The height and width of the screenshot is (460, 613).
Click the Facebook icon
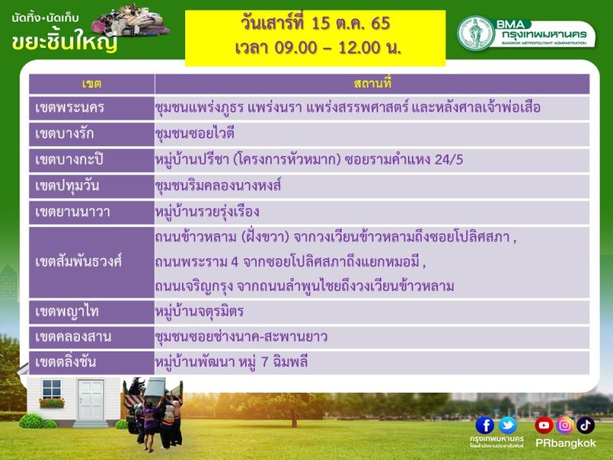[484, 425]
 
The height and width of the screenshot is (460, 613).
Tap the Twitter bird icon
[508, 425]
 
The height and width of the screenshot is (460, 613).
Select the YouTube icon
[544, 425]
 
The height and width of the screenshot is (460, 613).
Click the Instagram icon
[564, 425]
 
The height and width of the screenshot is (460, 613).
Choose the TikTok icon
[585, 425]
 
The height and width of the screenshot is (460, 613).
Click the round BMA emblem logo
[476, 33]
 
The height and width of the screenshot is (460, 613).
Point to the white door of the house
[91, 400]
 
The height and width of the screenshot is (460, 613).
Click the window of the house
[52, 389]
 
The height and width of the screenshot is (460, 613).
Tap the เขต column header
[92, 84]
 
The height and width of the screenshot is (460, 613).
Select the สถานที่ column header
[372, 84]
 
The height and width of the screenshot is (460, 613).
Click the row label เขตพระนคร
[69, 108]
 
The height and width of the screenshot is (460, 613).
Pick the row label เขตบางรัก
[65, 134]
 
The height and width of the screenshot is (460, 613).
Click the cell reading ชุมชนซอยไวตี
[195, 134]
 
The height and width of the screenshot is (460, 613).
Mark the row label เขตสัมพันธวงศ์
[78, 261]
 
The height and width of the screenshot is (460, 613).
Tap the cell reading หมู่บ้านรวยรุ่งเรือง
[208, 212]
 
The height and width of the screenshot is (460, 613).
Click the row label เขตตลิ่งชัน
[65, 362]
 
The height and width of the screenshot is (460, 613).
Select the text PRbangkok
[566, 443]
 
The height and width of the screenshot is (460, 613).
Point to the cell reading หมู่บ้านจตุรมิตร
[200, 311]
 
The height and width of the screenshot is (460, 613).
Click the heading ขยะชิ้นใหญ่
[65, 42]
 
